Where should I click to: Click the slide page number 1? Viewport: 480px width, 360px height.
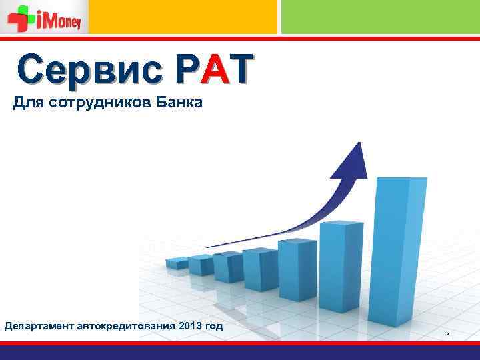[449, 335]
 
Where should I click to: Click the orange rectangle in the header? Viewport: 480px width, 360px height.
[183, 17]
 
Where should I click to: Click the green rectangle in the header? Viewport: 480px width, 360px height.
[380, 17]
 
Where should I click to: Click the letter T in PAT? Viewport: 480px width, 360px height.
[241, 69]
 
